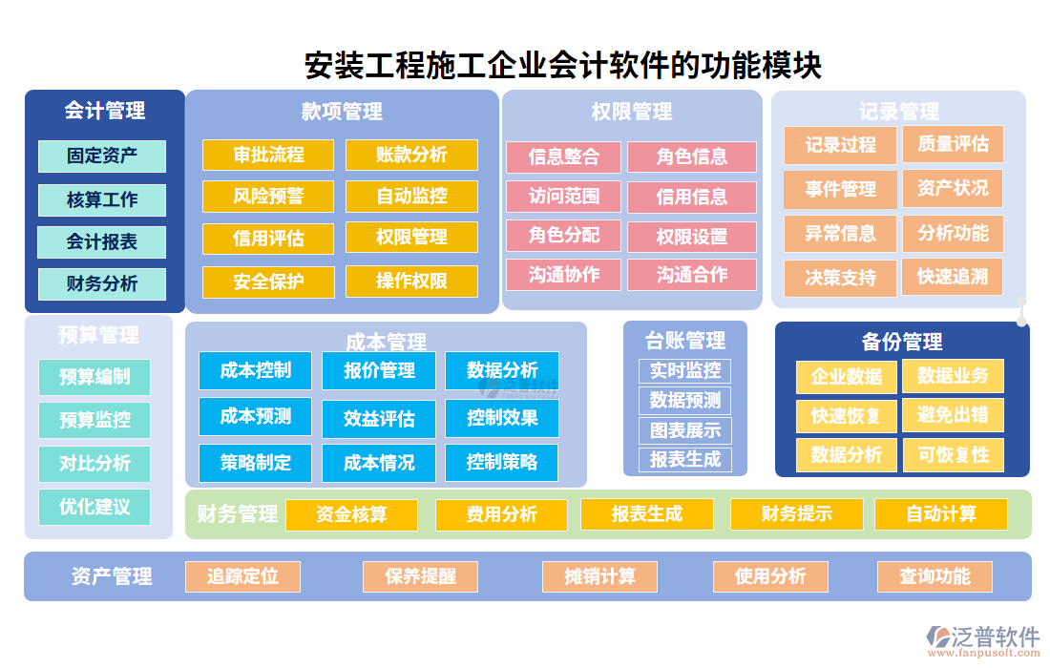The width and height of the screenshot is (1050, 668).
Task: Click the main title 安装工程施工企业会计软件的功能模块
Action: tap(562, 66)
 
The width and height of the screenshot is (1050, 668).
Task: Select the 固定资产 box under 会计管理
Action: tap(102, 157)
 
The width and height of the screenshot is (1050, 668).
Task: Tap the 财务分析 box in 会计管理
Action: tap(102, 284)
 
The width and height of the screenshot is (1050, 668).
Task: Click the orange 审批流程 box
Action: tap(268, 156)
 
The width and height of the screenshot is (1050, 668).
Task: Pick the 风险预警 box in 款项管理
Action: tap(268, 197)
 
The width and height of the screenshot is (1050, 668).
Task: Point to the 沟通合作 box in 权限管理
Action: tap(692, 276)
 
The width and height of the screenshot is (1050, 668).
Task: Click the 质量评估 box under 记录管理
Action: tap(953, 145)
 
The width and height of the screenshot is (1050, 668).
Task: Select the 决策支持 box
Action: tap(840, 279)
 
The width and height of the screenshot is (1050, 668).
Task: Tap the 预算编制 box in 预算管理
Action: tap(94, 377)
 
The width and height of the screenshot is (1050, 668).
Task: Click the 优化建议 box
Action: tap(94, 507)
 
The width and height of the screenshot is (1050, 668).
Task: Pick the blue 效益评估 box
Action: tap(379, 419)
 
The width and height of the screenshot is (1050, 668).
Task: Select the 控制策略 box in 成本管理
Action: tap(502, 463)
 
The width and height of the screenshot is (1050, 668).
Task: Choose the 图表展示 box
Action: tap(684, 430)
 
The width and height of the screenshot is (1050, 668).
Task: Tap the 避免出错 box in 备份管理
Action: tap(953, 415)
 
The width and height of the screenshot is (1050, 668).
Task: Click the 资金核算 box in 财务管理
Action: tap(351, 515)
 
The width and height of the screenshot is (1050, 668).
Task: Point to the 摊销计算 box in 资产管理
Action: tap(600, 576)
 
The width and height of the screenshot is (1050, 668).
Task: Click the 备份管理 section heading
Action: tap(902, 342)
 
